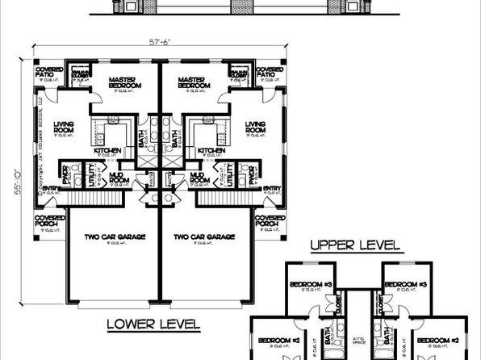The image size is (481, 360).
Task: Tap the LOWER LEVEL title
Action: pyautogui.click(x=153, y=324)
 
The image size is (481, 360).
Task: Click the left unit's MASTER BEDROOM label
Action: pyautogui.click(x=125, y=83)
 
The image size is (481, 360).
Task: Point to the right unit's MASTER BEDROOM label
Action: pyautogui.click(x=194, y=83)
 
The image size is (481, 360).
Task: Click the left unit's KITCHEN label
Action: pyautogui.click(x=107, y=150)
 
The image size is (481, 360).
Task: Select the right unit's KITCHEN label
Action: pyautogui.click(x=211, y=150)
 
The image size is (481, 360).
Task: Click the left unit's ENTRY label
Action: pyautogui.click(x=47, y=190)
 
